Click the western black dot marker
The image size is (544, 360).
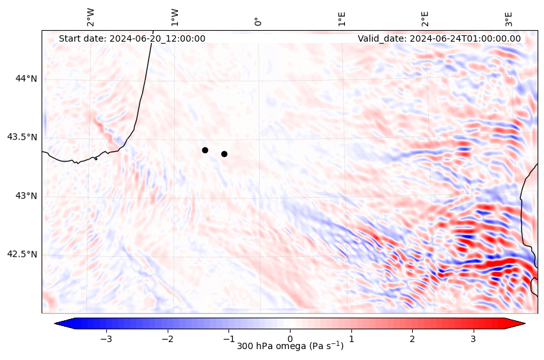(205, 150)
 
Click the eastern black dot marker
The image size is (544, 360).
(224, 154)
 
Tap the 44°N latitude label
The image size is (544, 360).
(26, 78)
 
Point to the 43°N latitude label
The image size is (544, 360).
(26, 196)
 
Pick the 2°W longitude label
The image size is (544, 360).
(91, 17)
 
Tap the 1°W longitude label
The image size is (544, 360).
(175, 17)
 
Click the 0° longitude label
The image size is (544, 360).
(259, 22)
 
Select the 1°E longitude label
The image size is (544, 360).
(342, 18)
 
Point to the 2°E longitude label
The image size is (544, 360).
(426, 18)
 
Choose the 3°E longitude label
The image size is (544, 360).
(509, 18)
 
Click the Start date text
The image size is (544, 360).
(132, 38)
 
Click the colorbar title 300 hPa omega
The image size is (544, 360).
(290, 347)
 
